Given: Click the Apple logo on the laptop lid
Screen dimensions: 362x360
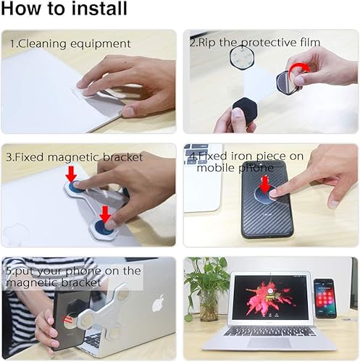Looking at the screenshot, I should point(157,303).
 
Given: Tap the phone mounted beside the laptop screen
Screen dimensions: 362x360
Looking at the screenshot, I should point(323,297).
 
